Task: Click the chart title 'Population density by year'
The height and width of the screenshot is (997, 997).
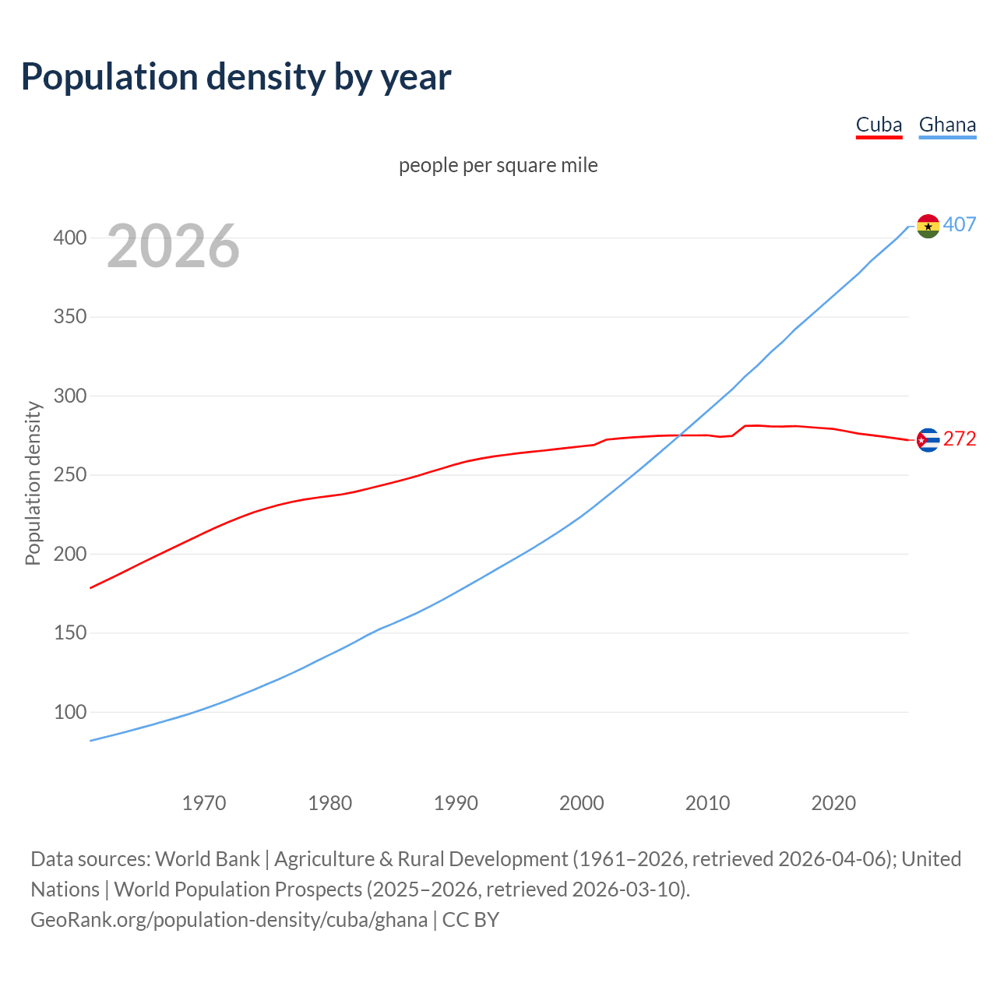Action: [x=236, y=77]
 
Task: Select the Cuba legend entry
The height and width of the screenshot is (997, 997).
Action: [x=879, y=125]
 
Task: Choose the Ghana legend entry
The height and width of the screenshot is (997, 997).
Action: [x=947, y=125]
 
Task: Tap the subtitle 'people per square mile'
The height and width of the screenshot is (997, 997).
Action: [x=498, y=166]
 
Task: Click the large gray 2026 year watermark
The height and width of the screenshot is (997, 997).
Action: [x=173, y=246]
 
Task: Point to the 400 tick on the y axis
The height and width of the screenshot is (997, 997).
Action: [x=70, y=238]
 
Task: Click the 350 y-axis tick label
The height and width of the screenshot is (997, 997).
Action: [x=70, y=317]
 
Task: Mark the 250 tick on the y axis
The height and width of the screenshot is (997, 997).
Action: [x=70, y=475]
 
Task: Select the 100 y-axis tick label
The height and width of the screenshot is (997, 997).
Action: [x=70, y=712]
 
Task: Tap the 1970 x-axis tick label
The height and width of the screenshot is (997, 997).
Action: [x=204, y=803]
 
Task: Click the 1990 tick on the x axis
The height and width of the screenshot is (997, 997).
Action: [x=456, y=803]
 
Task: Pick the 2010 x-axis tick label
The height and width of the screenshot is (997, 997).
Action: [x=707, y=803]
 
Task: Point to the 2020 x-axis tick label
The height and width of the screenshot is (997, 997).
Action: [x=833, y=803]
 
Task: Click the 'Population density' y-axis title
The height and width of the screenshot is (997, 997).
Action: [x=33, y=483]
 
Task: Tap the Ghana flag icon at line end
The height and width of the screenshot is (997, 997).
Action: [x=928, y=226]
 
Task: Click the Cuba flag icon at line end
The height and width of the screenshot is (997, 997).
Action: [x=928, y=440]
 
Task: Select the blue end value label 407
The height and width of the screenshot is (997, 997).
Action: [x=960, y=225]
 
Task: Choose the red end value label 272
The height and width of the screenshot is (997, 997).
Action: [x=960, y=439]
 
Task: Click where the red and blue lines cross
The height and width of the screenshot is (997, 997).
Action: [x=680, y=435]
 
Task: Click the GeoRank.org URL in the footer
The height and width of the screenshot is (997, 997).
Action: [x=229, y=920]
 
